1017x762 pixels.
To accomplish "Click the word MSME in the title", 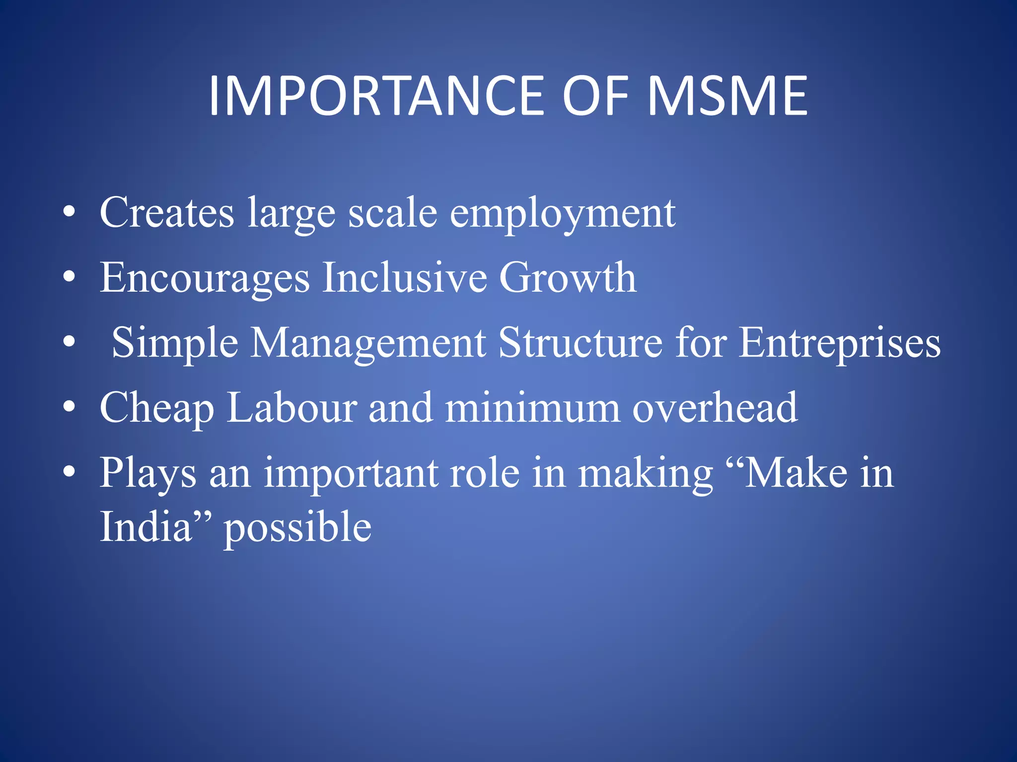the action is click(x=727, y=96).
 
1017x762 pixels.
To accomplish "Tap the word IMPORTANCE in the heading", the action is click(x=376, y=96).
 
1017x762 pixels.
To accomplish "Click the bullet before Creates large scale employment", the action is click(x=70, y=213).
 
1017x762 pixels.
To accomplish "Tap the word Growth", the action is click(x=567, y=277).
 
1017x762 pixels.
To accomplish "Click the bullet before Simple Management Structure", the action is click(x=70, y=343).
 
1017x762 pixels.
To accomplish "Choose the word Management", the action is click(x=368, y=344).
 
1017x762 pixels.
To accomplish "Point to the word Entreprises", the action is click(x=839, y=344).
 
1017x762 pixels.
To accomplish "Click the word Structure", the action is click(x=580, y=343).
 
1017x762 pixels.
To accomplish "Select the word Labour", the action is click(x=292, y=408).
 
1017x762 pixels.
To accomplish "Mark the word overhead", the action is click(x=715, y=408).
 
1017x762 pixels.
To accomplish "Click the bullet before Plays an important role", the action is click(x=70, y=473).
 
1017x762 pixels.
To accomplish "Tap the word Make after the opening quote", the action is click(x=796, y=473).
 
